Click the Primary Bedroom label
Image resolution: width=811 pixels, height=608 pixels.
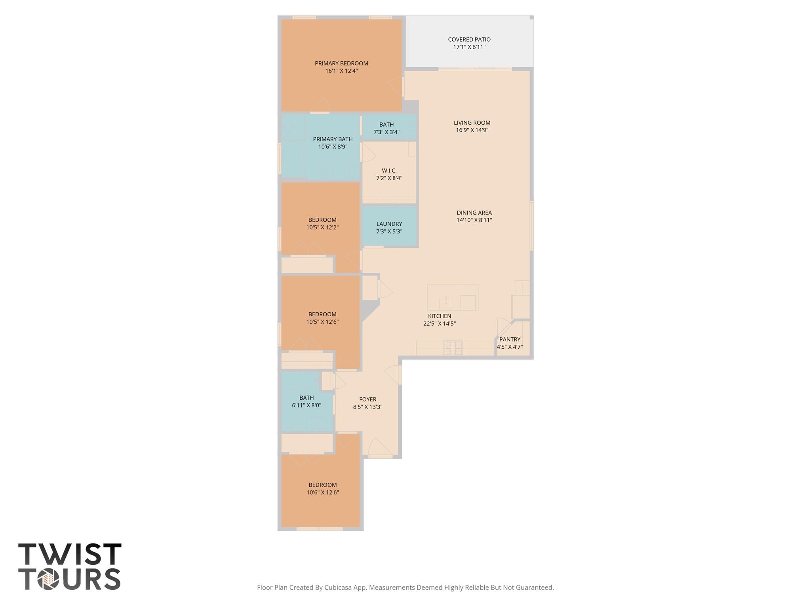(341, 63)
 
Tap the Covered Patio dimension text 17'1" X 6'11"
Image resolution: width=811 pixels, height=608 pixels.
(469, 47)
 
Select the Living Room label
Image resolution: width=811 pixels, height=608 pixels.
(472, 123)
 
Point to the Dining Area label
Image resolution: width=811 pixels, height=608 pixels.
(474, 213)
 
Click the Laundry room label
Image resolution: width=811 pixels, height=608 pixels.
(389, 224)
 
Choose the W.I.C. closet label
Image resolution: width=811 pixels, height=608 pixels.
(389, 171)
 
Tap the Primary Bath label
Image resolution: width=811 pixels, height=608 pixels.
(333, 139)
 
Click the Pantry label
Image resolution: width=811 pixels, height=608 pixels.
(510, 340)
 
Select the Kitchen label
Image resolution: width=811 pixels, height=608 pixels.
(440, 316)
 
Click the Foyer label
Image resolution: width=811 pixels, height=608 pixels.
(367, 399)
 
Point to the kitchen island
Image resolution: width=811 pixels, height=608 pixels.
(453, 297)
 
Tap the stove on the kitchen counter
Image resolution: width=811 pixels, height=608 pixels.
(453, 347)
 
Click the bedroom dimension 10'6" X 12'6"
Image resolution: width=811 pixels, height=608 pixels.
(323, 493)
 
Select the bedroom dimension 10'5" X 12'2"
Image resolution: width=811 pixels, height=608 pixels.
(322, 228)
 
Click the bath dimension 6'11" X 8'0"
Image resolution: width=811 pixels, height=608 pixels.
(307, 405)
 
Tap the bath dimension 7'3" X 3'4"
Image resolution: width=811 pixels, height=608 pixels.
(386, 132)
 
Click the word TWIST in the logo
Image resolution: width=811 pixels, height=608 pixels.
(70, 555)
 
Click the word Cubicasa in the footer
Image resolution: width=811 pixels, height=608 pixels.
(339, 588)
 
